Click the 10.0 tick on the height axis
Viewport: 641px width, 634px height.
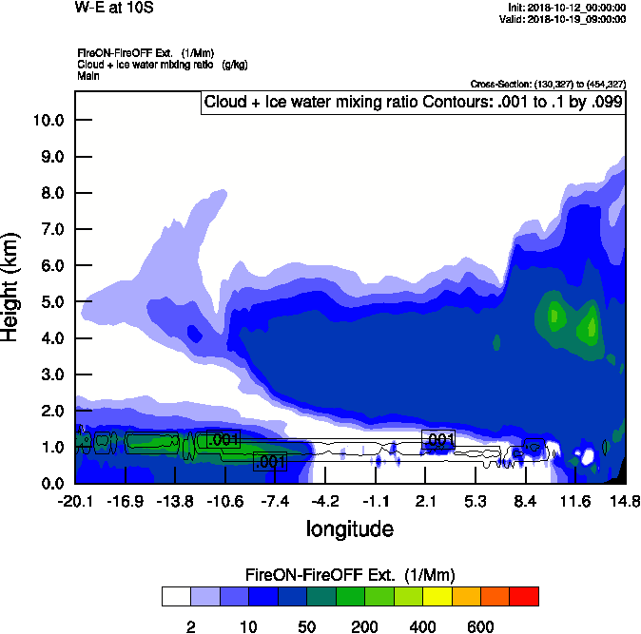(x=48, y=121)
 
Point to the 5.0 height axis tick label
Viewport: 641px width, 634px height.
(x=48, y=302)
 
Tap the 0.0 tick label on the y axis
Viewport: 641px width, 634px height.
(x=48, y=483)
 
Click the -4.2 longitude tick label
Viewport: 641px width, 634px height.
(x=326, y=501)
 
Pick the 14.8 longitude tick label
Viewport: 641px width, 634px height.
(x=625, y=501)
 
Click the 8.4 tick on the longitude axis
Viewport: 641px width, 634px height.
(x=525, y=501)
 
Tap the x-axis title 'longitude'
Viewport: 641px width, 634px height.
(x=350, y=528)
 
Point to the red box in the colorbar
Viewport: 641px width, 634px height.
(x=524, y=596)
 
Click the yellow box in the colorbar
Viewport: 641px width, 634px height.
(x=437, y=596)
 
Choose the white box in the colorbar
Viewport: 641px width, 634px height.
(x=176, y=596)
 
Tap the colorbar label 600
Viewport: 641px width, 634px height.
(x=480, y=626)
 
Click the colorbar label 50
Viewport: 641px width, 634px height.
(x=306, y=626)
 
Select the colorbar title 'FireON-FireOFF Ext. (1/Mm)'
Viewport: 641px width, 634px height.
(x=350, y=575)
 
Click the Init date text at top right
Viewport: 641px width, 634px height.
(x=567, y=8)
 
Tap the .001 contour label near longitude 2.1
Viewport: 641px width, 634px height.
(x=439, y=439)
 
